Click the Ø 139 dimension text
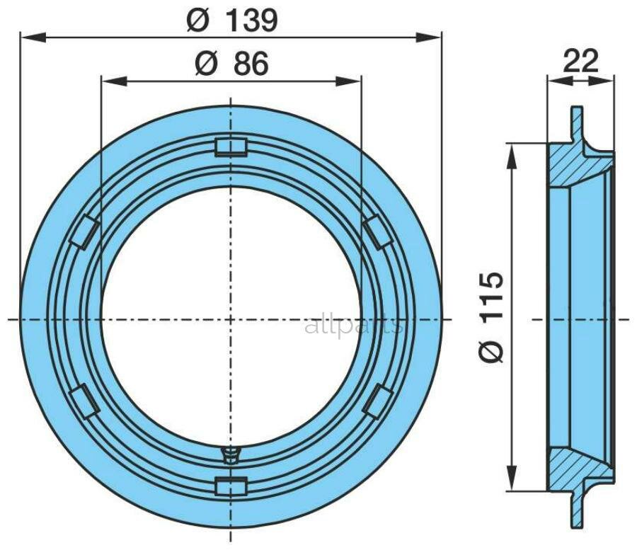(x=232, y=21)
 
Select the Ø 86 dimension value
(x=231, y=65)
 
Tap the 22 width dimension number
(x=580, y=62)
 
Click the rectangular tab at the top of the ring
(x=231, y=147)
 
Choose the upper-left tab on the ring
(x=84, y=232)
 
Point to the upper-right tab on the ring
(x=378, y=232)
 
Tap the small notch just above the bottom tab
(x=231, y=454)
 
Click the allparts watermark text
(x=353, y=326)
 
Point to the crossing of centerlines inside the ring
(x=231, y=319)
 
